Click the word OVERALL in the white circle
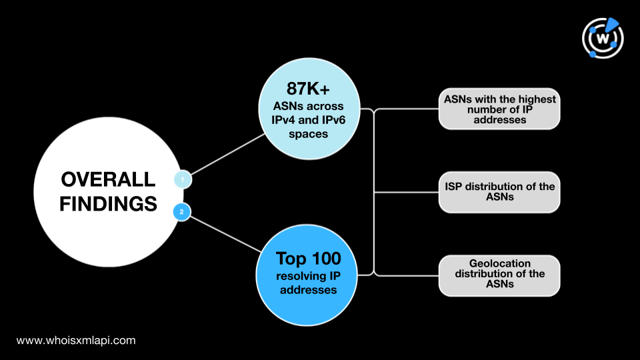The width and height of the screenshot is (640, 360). pos(108,179)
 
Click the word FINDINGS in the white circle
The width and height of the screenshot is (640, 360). pos(108,204)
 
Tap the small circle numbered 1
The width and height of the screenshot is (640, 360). pos(183,179)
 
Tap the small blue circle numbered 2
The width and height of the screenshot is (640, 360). pos(181,212)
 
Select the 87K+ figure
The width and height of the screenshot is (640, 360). pos(308,89)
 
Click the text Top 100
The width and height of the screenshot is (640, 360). pos(308,259)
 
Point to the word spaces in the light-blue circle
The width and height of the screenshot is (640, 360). pos(308,134)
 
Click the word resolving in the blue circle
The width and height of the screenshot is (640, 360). pos(298,276)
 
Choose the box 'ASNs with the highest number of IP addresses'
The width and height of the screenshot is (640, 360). pos(499,109)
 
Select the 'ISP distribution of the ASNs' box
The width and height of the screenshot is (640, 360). pos(499,192)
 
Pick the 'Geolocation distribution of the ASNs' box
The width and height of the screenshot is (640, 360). pos(499,275)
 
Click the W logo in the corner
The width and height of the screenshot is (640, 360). pos(603,38)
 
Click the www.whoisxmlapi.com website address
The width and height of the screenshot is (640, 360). pos(76,341)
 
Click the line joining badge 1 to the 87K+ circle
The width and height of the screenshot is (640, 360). pos(228,154)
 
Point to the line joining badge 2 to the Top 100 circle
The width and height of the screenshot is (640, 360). pos(225,234)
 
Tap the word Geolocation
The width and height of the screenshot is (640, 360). pos(499,263)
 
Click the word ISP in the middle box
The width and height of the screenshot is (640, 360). pos(453,187)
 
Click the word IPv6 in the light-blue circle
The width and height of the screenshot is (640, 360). pos(332,120)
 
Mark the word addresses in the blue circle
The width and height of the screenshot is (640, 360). pos(308,290)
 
